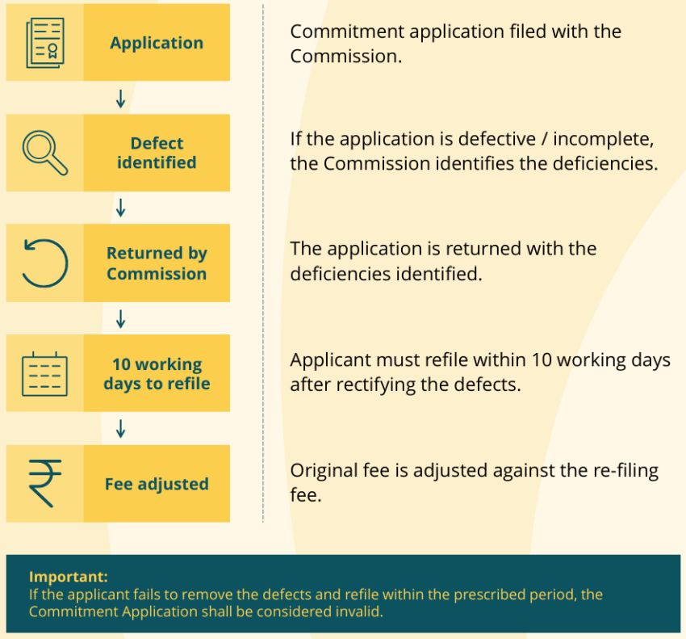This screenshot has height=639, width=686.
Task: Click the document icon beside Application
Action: [45, 43]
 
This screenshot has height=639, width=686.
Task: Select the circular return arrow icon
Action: [45, 263]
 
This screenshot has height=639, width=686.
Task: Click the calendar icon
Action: [44, 373]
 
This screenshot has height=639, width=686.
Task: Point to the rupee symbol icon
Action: [44, 483]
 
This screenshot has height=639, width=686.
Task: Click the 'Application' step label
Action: [157, 43]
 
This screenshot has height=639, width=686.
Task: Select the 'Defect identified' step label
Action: [157, 153]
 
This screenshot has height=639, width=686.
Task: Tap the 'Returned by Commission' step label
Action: [157, 263]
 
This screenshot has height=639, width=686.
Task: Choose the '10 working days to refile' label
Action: [157, 373]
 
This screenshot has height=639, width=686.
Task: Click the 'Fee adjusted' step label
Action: [157, 484]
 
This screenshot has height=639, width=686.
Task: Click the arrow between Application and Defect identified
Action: [121, 99]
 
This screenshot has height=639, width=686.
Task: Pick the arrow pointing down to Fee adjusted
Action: [121, 429]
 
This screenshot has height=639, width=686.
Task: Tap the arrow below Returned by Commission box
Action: [121, 319]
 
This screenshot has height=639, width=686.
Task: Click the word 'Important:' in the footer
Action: [69, 576]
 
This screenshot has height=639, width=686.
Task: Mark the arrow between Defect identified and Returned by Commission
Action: [121, 208]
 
